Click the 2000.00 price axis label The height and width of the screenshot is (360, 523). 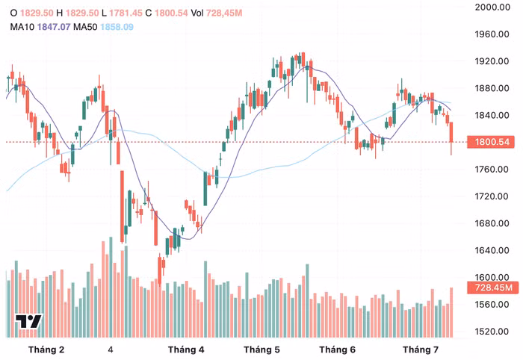492,7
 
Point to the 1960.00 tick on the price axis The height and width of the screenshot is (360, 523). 492,34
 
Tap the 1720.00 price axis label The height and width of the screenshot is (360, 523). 492,196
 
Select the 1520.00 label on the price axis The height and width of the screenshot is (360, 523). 492,332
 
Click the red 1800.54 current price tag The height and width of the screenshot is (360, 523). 491,142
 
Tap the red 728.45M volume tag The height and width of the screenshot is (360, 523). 493,288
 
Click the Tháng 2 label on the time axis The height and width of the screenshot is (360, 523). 46,350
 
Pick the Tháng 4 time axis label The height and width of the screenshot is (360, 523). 186,350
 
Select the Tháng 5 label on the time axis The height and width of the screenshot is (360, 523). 261,350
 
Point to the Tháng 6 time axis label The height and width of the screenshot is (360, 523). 337,350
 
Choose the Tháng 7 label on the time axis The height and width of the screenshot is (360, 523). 421,350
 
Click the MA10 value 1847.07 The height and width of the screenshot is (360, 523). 54,27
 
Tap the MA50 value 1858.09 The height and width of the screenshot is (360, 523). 117,27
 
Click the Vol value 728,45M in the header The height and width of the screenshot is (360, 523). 224,13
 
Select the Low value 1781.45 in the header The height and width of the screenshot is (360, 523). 126,13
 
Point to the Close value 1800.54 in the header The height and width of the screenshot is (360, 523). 171,13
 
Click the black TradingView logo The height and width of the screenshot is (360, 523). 28,321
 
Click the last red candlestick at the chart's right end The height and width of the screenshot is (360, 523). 451,138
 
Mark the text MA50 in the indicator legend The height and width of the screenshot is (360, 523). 85,27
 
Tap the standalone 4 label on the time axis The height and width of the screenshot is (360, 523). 111,350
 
